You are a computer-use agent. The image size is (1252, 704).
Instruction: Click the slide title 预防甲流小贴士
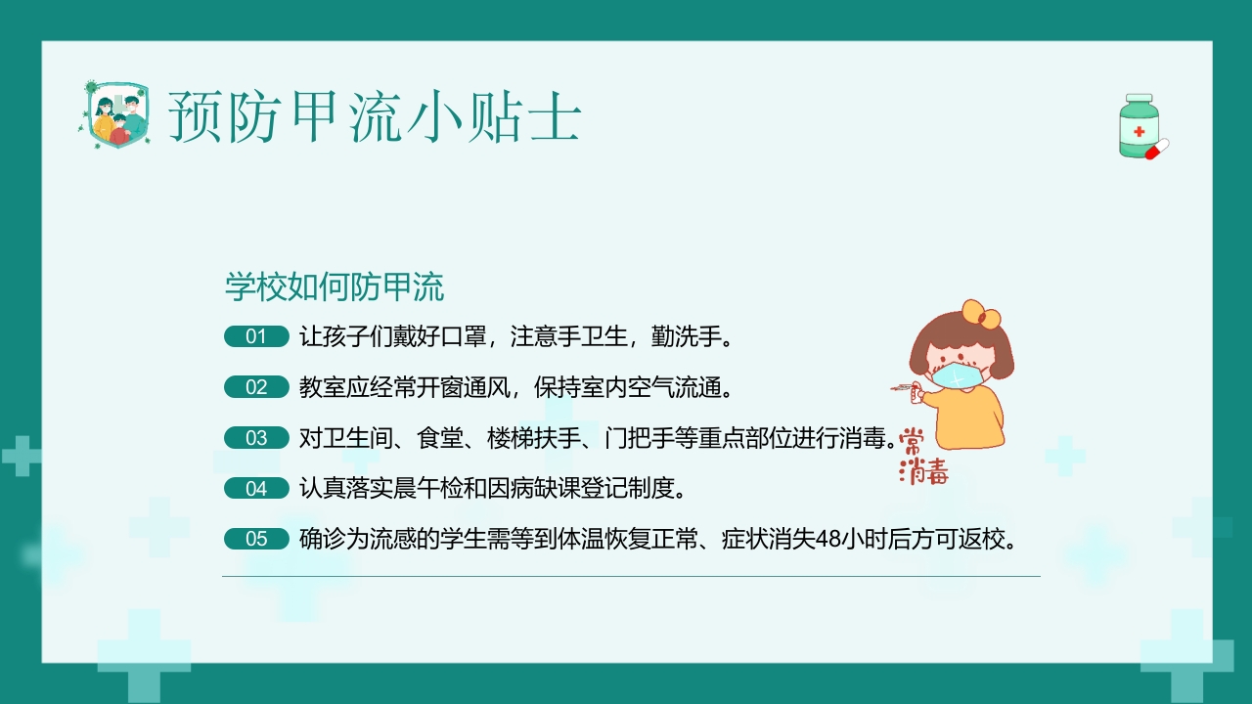click(375, 117)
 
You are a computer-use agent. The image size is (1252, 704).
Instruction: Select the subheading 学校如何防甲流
click(335, 287)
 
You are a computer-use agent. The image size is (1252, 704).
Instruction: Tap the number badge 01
click(256, 337)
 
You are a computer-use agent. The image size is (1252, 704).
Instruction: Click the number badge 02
click(256, 387)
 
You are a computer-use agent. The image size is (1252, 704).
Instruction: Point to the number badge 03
click(256, 438)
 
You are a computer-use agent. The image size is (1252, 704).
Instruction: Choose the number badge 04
click(256, 488)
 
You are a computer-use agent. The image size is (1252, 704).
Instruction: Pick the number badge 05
click(256, 539)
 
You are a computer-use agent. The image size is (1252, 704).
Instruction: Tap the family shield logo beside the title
click(113, 115)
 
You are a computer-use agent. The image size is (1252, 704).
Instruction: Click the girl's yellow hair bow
click(981, 315)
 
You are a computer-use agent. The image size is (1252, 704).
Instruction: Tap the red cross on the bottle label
click(1139, 131)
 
